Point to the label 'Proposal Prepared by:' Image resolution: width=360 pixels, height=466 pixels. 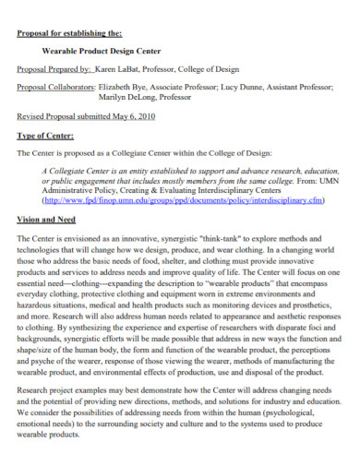[55, 69]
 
